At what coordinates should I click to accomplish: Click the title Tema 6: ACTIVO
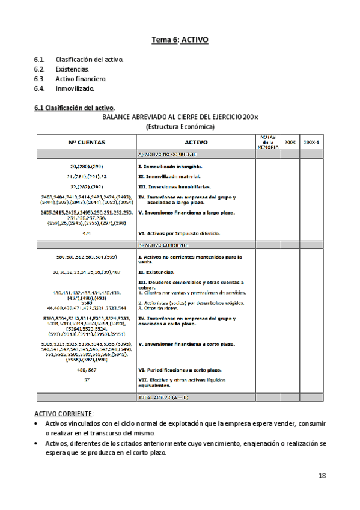tap(180, 40)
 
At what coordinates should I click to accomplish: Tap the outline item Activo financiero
tap(81, 79)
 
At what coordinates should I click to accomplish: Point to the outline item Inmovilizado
tap(75, 88)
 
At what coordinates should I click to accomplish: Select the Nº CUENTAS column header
tap(87, 142)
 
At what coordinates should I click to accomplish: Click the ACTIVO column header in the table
tap(196, 142)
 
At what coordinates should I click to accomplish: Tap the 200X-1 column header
tap(311, 142)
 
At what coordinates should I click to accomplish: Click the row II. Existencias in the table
tap(157, 272)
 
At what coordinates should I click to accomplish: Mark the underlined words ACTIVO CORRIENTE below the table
tap(63, 414)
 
